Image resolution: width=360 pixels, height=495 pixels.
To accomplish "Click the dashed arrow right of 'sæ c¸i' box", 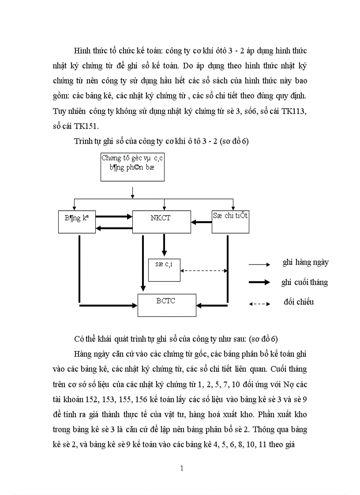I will [203, 270].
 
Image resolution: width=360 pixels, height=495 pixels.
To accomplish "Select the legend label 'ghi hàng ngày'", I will [306, 262].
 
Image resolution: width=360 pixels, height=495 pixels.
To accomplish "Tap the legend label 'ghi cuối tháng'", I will [304, 282].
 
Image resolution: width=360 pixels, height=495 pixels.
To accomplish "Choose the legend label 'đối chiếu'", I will [299, 302].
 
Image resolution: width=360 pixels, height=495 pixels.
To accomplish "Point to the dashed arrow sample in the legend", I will [259, 304].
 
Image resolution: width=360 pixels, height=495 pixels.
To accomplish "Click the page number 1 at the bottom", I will [181, 468].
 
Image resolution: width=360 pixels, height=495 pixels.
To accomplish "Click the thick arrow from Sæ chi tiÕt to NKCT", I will [202, 222].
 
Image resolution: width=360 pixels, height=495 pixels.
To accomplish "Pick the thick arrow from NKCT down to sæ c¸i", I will [164, 245].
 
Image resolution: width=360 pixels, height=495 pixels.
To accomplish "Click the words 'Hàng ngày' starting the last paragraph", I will [92, 354].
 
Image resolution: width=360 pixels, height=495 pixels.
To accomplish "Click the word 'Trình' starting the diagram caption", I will [85, 142].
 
